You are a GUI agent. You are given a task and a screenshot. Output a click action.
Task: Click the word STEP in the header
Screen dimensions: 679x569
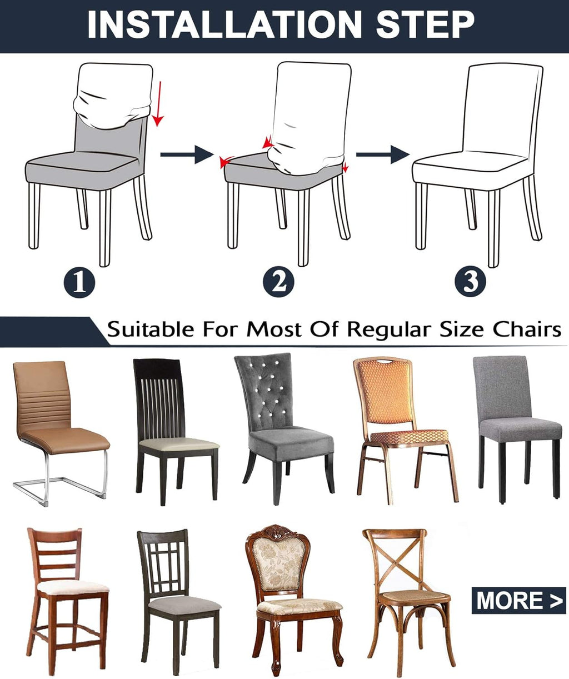tap(425, 24)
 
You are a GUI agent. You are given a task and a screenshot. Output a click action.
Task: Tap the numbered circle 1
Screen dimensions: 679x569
tap(79, 282)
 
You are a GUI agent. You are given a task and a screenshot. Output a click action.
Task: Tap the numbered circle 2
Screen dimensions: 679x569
tap(278, 282)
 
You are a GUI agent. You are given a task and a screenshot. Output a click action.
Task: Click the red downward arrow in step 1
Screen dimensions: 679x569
tap(159, 103)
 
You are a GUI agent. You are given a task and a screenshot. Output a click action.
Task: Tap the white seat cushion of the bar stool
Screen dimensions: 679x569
tap(72, 586)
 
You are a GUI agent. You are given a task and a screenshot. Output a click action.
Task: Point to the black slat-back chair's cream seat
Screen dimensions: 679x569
tap(178, 444)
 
